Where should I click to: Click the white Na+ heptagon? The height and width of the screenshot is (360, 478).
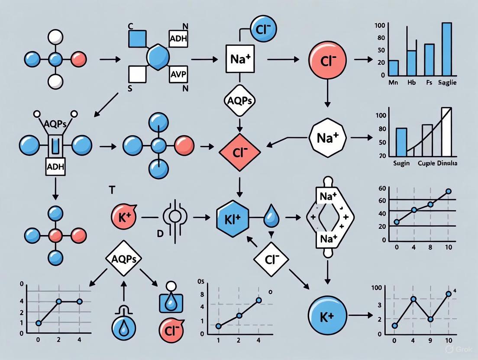tap(327, 138)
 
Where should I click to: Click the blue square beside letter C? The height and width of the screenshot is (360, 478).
tap(139, 39)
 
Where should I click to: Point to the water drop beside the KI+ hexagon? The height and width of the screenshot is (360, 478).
tap(271, 219)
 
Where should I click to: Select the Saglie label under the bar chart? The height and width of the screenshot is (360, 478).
tap(447, 83)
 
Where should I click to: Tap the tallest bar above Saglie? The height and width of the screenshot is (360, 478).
tap(446, 48)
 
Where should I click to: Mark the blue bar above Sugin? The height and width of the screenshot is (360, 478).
tap(401, 142)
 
